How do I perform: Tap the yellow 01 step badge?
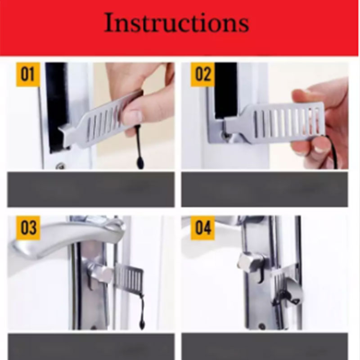tap(27, 74)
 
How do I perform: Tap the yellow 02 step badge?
tap(202, 74)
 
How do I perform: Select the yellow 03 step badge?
tap(28, 228)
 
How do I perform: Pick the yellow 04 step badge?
tap(202, 228)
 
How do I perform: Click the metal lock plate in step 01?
tap(97, 124)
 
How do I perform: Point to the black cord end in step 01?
tap(140, 162)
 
